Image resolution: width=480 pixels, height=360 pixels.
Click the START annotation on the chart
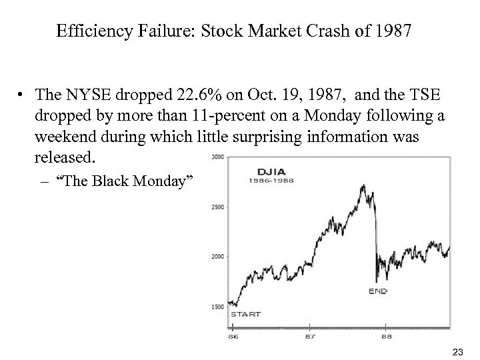tap(245, 314)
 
